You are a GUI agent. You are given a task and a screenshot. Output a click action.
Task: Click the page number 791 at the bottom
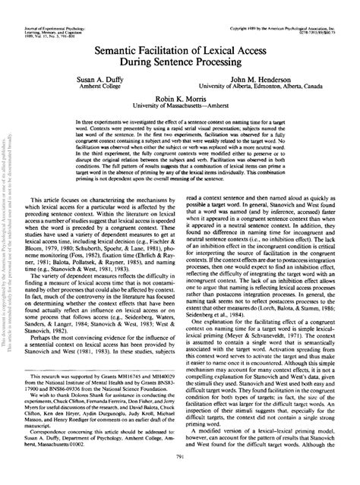(179, 477)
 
